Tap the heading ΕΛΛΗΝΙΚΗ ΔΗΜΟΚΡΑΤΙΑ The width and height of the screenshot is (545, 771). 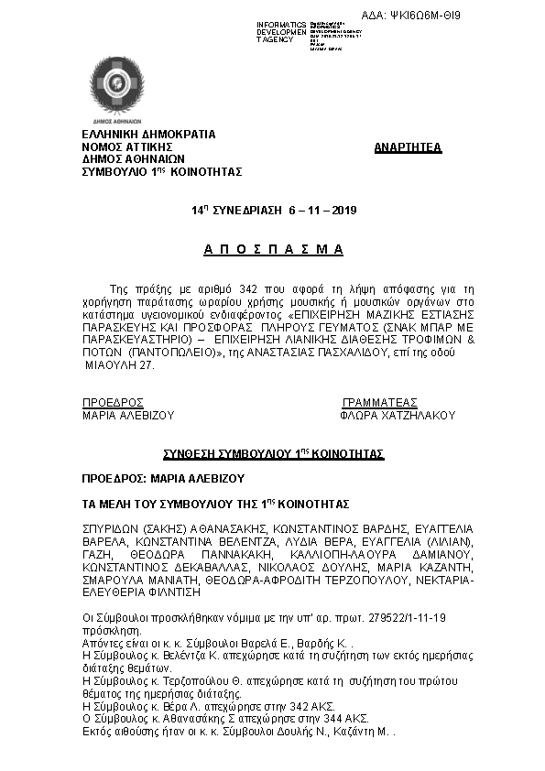[x=148, y=134]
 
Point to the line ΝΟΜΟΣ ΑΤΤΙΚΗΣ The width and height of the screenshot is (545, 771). [x=127, y=146]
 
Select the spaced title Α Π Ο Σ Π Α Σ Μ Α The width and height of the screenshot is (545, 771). [x=272, y=249]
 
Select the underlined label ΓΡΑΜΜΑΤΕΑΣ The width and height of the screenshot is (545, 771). [x=379, y=402]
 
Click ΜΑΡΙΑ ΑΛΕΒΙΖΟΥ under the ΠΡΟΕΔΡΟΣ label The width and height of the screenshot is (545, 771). [x=128, y=415]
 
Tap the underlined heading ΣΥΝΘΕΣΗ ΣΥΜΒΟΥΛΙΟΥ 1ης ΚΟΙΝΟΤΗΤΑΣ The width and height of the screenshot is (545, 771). [x=273, y=453]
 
